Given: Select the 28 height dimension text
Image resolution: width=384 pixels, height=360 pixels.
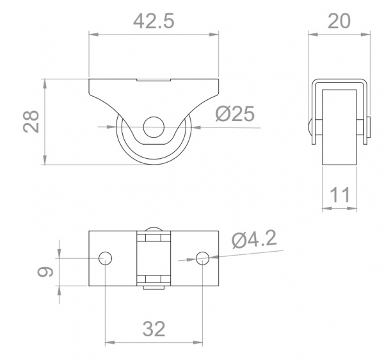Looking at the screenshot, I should [31, 120].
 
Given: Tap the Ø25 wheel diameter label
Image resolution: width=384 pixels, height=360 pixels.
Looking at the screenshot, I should [235, 113].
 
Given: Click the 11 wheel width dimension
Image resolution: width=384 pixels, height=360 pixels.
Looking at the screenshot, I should [339, 194].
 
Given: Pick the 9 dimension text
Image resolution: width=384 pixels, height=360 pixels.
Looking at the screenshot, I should [44, 273].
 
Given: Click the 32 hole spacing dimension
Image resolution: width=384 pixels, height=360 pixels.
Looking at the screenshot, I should [154, 329].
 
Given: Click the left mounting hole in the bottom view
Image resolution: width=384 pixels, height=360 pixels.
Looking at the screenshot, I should [105, 258].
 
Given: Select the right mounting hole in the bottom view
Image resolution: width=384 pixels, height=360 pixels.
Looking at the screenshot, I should [202, 258].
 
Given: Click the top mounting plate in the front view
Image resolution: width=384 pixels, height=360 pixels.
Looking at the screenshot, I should [154, 86].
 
